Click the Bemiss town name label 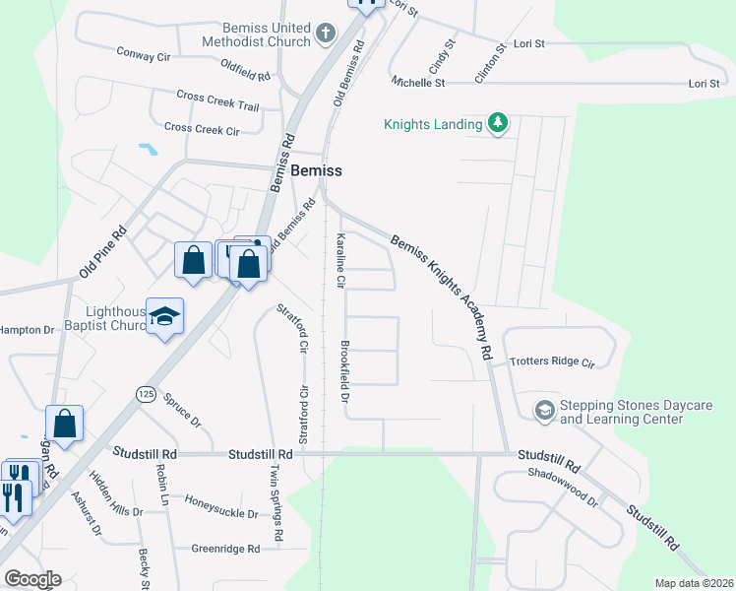pos(317,170)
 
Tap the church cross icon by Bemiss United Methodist pos(326,35)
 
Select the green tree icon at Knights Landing pos(499,123)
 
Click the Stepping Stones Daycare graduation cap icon pos(544,409)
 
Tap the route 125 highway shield pos(146,393)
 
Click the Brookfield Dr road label pos(345,372)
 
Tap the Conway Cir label pos(144,55)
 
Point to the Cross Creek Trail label pos(217,100)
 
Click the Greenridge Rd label pos(223,549)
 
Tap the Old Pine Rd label pos(102,253)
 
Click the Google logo pos(32,578)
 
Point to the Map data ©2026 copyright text pos(694,583)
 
